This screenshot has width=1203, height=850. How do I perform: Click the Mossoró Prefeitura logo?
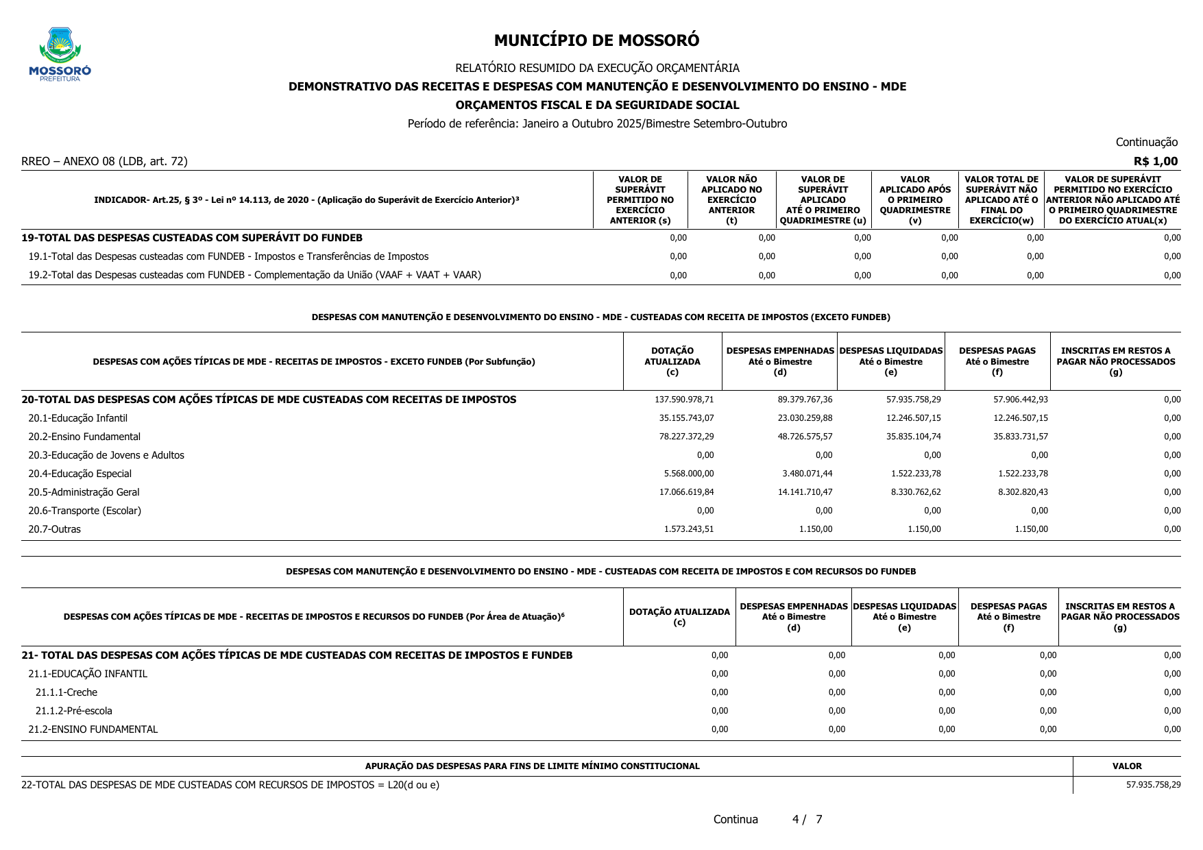[60, 54]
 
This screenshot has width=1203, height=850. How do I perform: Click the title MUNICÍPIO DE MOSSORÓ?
[596, 40]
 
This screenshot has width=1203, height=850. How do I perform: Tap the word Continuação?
[1146, 142]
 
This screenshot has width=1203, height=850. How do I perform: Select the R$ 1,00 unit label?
[1156, 161]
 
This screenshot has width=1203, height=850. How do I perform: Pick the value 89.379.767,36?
[805, 400]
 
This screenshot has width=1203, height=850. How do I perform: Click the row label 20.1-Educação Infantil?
[77, 418]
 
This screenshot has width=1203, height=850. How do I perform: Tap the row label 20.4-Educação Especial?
[80, 474]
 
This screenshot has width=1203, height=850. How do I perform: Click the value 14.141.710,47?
[805, 492]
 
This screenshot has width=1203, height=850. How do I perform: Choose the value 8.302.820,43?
[1023, 492]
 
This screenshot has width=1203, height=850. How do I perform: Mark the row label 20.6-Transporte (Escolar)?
[84, 511]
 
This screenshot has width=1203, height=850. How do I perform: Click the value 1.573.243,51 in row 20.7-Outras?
[688, 529]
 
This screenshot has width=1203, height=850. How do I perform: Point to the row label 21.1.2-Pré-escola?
[73, 711]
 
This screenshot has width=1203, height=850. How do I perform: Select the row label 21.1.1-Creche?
[66, 692]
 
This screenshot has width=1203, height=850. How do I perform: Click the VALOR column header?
[1127, 766]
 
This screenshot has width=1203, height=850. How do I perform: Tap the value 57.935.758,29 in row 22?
[1153, 785]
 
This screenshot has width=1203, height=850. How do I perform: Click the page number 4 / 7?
[807, 819]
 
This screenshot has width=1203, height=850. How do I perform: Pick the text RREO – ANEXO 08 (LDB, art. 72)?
[104, 161]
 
